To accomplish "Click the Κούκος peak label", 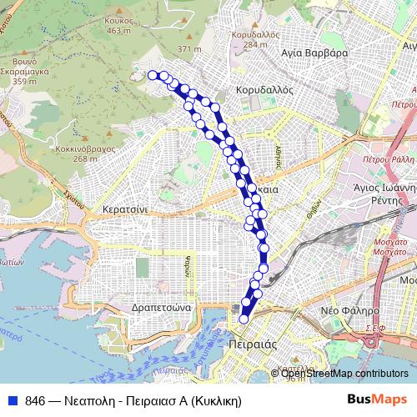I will tap(121, 22).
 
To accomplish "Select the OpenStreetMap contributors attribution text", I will tap(344, 374).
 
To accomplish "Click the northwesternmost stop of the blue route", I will tap(153, 75).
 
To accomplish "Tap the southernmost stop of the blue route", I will tap(244, 318).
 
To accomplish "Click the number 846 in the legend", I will tap(35, 400).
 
